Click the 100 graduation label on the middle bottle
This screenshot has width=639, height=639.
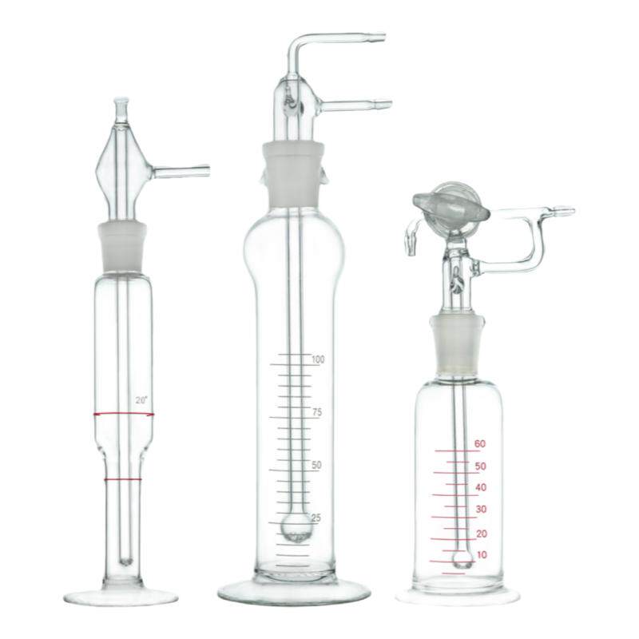(318, 359)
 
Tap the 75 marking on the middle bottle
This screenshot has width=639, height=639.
(317, 412)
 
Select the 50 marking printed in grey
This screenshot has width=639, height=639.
(316, 465)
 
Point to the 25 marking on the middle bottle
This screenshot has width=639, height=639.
(316, 518)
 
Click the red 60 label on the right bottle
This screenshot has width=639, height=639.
(480, 443)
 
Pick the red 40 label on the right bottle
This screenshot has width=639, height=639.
(481, 487)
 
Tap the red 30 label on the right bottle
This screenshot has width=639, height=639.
(482, 510)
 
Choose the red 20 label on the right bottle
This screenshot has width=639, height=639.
(482, 534)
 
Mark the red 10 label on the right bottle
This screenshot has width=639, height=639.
(482, 554)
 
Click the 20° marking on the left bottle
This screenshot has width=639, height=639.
(141, 400)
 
